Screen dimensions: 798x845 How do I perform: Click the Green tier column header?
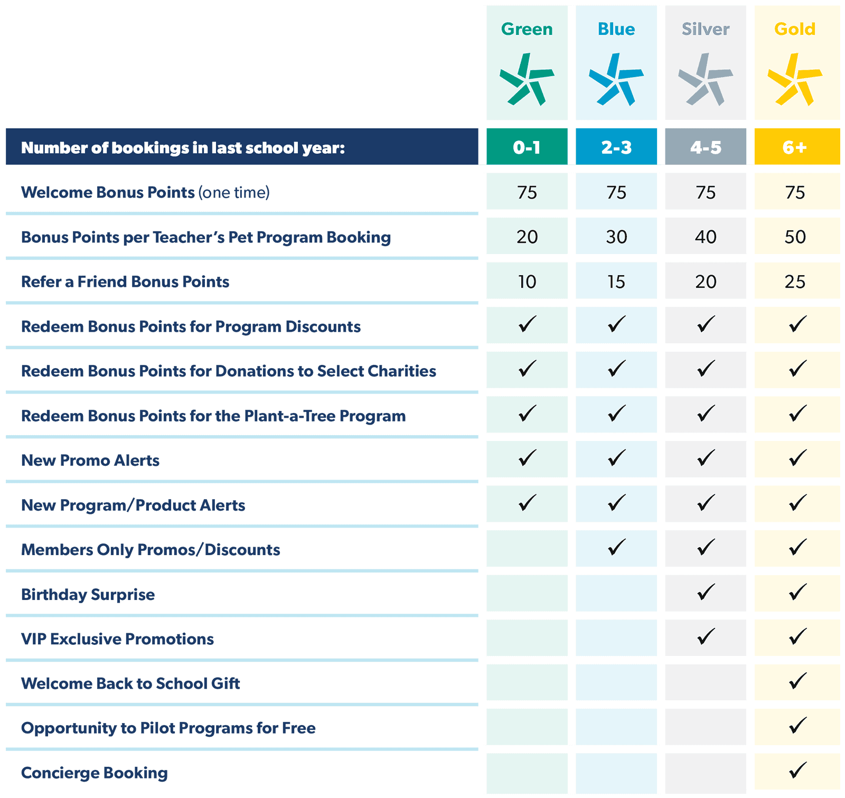[x=527, y=29]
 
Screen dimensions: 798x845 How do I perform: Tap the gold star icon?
[x=794, y=79]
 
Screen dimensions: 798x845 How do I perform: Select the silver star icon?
[x=705, y=79]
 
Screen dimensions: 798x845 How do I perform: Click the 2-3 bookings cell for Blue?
[x=616, y=147]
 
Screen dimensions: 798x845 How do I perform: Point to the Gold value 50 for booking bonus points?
[x=795, y=237]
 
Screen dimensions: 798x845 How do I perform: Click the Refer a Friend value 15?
[x=616, y=281]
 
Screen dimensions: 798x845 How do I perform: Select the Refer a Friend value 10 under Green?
[x=527, y=281]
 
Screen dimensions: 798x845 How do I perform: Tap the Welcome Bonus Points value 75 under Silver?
[x=706, y=192]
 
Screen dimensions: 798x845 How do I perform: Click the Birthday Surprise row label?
[x=88, y=595]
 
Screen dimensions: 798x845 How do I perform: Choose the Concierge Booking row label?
[x=94, y=773]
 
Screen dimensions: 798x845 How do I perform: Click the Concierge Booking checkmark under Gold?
[x=797, y=770]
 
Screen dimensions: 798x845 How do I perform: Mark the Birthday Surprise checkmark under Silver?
[x=706, y=592]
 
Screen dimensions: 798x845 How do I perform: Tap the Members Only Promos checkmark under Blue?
[x=616, y=547]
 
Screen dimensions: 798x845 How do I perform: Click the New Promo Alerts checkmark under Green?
[x=527, y=457]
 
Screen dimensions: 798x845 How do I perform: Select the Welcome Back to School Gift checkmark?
[x=797, y=681]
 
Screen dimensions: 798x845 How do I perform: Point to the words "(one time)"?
[x=234, y=193]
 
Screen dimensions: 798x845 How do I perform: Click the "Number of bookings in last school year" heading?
[x=183, y=148]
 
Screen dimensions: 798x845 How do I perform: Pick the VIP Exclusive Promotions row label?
[x=117, y=639]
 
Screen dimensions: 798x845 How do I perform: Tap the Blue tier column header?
[x=616, y=29]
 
